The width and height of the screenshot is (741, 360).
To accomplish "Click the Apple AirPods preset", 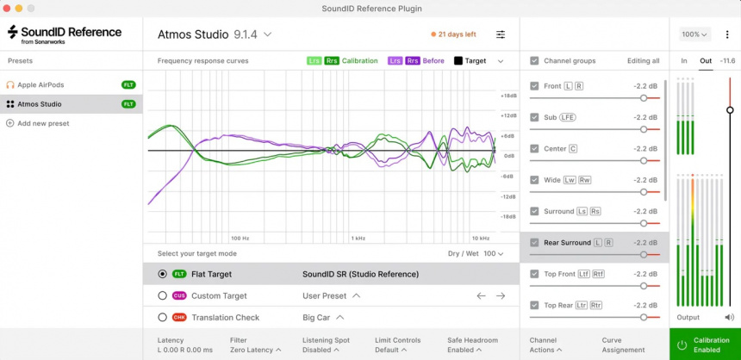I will [41, 84].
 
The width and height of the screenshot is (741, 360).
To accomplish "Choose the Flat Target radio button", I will [162, 274].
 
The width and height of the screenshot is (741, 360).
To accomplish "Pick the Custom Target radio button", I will [162, 295].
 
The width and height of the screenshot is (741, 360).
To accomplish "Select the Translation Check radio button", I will [162, 317].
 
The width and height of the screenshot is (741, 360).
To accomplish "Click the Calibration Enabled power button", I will [682, 344].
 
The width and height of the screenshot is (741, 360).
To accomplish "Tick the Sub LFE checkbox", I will [534, 117].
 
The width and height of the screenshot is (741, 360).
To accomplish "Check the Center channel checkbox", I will [534, 149].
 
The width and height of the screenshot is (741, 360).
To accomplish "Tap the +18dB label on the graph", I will [508, 96].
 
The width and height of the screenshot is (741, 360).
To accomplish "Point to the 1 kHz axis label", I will [358, 238].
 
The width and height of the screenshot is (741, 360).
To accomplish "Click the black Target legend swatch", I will [458, 61].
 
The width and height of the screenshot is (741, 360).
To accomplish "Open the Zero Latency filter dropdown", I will [253, 350].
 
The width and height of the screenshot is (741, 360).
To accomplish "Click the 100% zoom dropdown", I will [694, 34].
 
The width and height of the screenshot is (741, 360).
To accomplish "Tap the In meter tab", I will [683, 61].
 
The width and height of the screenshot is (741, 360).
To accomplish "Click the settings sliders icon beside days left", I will [501, 34].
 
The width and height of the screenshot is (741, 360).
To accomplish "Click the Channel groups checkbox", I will [534, 61].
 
